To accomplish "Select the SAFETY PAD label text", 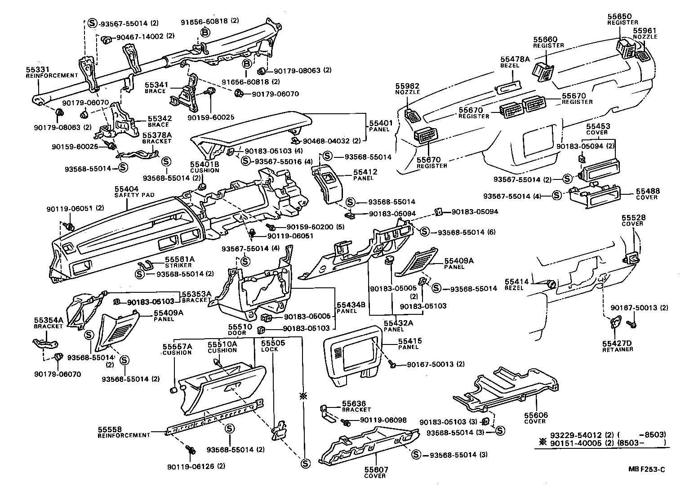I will [x=134, y=195].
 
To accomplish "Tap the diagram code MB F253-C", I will [x=646, y=470].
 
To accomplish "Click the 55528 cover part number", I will [x=632, y=217].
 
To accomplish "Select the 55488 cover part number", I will [x=646, y=191].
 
